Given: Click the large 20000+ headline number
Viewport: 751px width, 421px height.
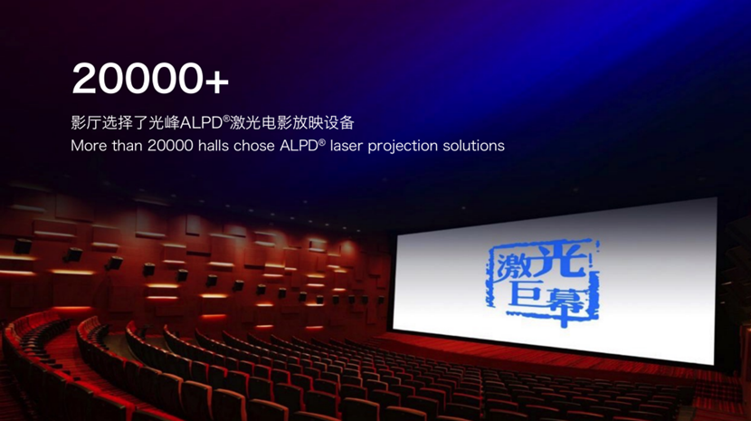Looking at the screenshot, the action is [150, 78].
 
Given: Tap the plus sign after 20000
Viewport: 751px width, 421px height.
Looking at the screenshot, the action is [217, 81].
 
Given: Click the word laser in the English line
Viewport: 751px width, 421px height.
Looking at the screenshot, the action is [346, 145].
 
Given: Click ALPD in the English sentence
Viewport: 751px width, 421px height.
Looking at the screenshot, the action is [299, 145].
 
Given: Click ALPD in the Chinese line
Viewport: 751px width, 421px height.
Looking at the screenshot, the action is [201, 123].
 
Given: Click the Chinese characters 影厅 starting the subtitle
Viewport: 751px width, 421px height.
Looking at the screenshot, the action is [86, 123].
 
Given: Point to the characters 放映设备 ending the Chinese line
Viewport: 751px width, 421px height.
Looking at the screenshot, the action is [323, 123].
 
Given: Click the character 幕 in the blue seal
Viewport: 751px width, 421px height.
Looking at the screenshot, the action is [566, 302].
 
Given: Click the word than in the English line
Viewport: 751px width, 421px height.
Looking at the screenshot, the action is [127, 145].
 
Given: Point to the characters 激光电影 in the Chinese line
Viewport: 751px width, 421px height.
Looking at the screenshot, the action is [261, 123].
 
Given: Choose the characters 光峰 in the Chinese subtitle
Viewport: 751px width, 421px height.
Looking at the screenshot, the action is [165, 123].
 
